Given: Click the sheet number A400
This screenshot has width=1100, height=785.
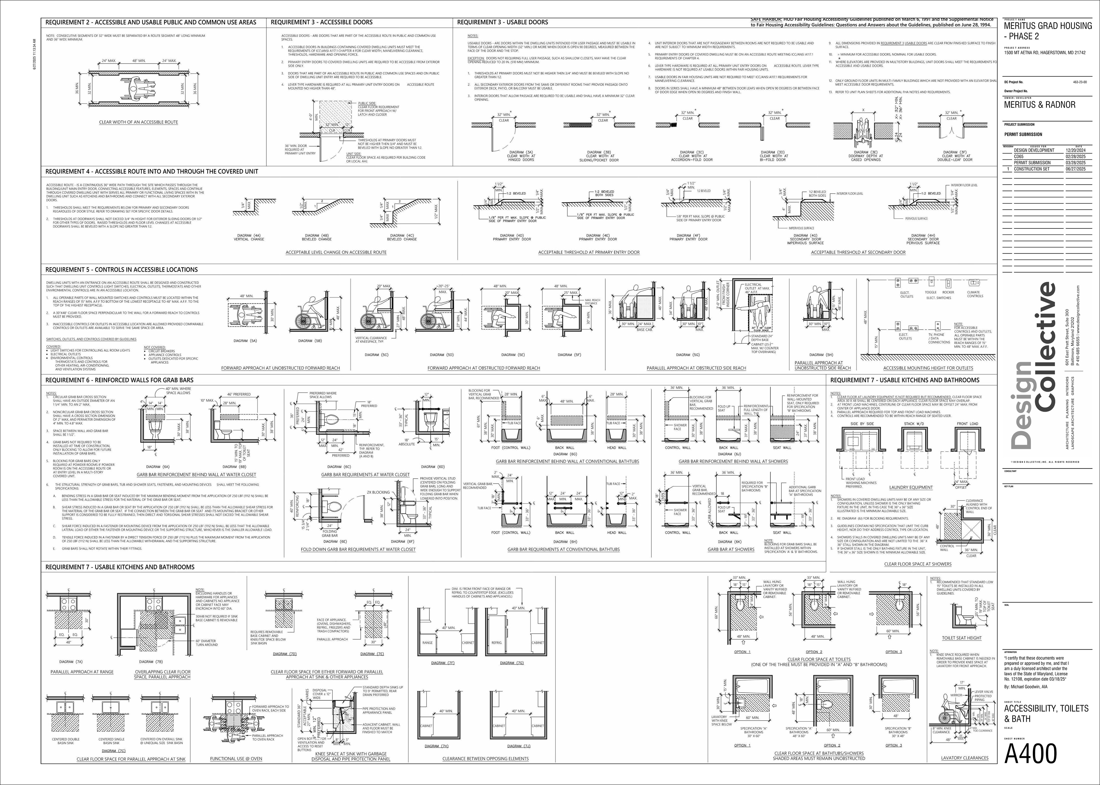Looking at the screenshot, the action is (x=1030, y=753).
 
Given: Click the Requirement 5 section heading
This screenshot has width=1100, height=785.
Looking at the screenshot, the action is (x=121, y=270).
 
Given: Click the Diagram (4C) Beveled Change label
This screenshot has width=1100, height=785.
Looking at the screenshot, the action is (x=402, y=237).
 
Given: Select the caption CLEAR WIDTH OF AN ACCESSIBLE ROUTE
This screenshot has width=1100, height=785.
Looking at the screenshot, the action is (x=138, y=122).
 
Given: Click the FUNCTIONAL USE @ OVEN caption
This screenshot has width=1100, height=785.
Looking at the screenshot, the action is (x=236, y=759).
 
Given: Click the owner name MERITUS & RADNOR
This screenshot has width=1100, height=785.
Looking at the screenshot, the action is (x=1040, y=105).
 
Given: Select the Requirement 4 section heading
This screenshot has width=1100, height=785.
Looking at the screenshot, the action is (x=152, y=172).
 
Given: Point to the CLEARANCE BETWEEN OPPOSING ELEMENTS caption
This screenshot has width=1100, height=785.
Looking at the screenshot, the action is (x=485, y=759).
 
